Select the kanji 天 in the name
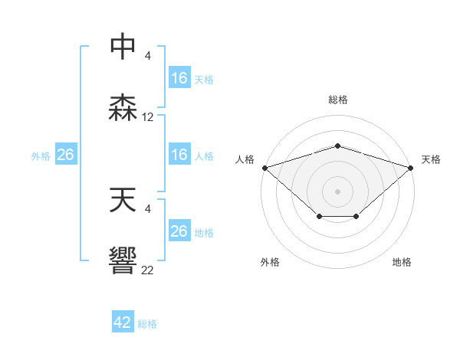tap(123, 201)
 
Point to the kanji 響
tap(123, 260)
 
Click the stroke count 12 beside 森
tap(148, 117)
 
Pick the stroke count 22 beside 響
tap(148, 269)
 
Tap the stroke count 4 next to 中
tap(148, 55)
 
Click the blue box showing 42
tap(123, 323)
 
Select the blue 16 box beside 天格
tap(179, 79)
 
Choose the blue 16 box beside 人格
tap(179, 155)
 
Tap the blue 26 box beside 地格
tap(179, 232)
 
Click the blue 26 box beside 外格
tap(66, 155)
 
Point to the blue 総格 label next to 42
tap(147, 324)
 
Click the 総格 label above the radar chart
tap(338, 100)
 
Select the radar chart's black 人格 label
tap(245, 159)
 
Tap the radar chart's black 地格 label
tap(402, 262)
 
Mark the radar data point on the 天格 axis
tap(412, 167)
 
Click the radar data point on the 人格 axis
tap(264, 167)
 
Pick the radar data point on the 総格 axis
tap(338, 146)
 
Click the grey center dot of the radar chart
tap(338, 191)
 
